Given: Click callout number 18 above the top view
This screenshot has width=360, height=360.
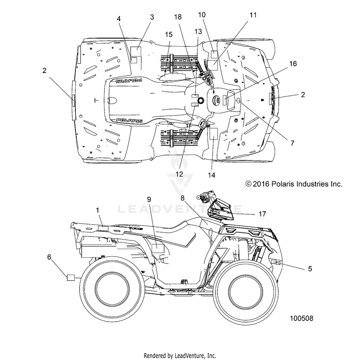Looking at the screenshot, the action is pos(178,17).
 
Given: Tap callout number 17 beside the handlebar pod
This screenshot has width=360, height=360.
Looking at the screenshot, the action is pos(262,214).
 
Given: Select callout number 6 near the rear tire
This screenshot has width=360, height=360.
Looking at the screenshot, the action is pos(49,257).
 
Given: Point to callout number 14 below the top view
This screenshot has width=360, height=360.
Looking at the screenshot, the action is pos(212,175).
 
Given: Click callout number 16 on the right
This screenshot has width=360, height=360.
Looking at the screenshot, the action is pos(293,63).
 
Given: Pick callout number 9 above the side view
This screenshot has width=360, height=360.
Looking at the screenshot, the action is pos(149,199).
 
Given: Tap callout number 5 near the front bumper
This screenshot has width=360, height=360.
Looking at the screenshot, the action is pos(310,268).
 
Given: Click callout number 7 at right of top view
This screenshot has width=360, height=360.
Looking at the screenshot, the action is pos(292,143).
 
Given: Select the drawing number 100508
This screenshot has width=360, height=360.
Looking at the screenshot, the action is pos(301,318).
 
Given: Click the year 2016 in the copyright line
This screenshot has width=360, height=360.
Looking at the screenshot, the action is pos(261,184).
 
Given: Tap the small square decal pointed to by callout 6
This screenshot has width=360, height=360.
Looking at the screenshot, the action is pos(71,277).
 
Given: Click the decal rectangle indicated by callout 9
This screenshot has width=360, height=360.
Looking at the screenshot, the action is pos(158,249).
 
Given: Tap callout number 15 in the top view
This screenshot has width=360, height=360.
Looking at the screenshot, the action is pos(168,35).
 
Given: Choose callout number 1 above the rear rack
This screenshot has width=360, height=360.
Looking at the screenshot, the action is pos(97,210).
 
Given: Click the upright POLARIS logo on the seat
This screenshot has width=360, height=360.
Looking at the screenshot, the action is pos(129,120).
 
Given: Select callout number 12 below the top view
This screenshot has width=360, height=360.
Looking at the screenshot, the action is pos(179,174).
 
